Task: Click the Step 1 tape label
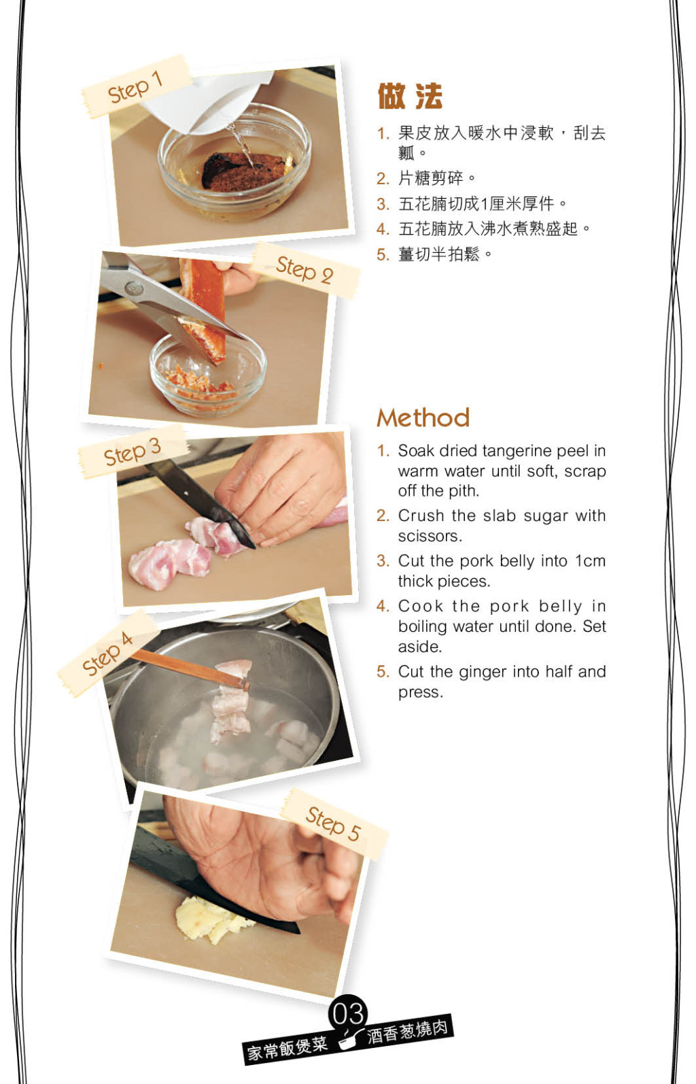click(135, 87)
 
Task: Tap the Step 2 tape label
click(306, 270)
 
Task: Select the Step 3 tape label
click(132, 452)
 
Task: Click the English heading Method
click(423, 418)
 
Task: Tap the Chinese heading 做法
click(410, 96)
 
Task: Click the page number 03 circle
click(348, 1012)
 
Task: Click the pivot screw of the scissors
click(134, 289)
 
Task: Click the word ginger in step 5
click(483, 673)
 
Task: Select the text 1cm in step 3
click(590, 561)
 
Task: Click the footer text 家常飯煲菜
click(288, 1047)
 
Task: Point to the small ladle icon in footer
click(349, 1037)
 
